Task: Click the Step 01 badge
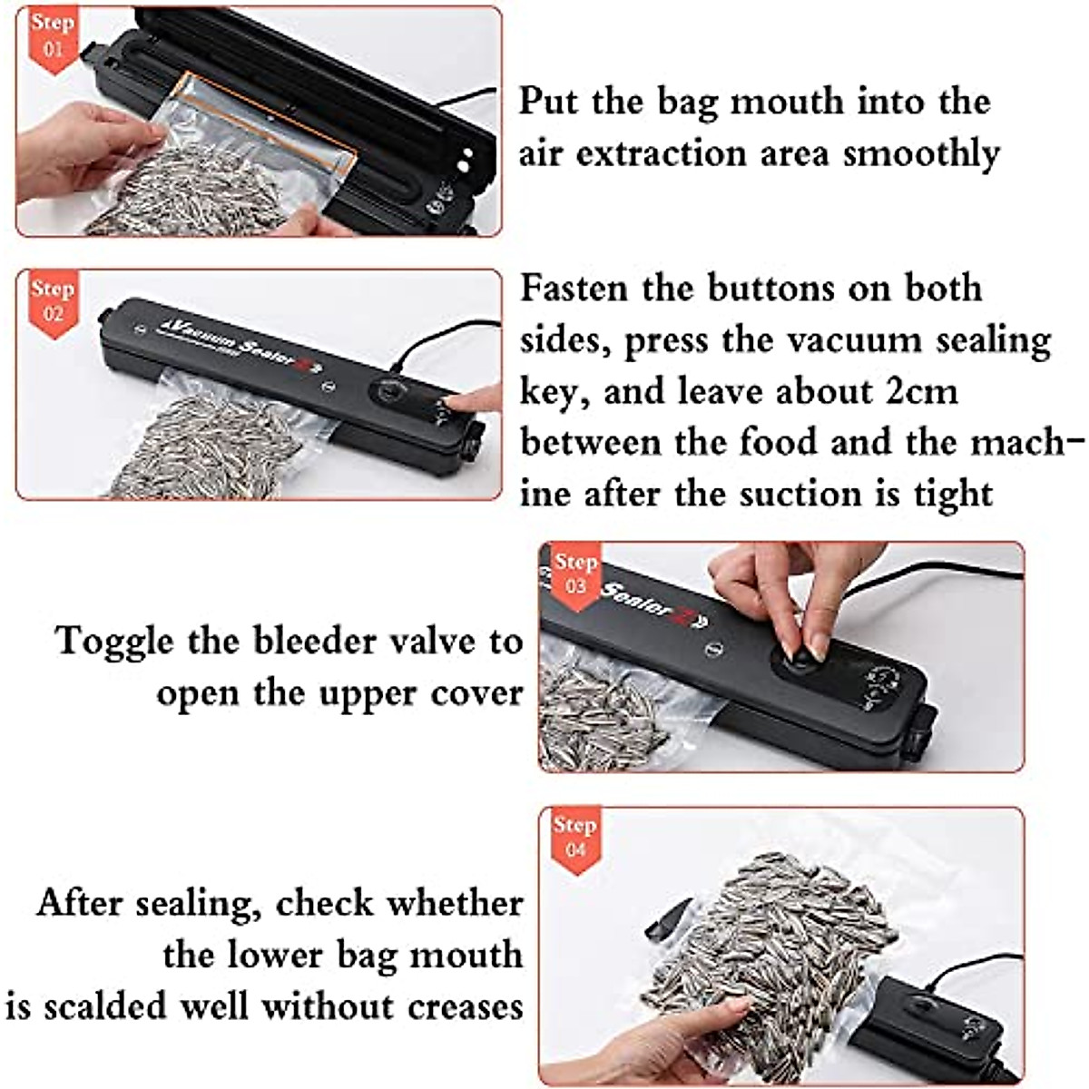point(52,34)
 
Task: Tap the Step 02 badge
point(52,301)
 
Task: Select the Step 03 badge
point(575,574)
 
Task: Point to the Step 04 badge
point(575,838)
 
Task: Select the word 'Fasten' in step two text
point(574,288)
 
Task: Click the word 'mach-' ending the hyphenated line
point(1025,443)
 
